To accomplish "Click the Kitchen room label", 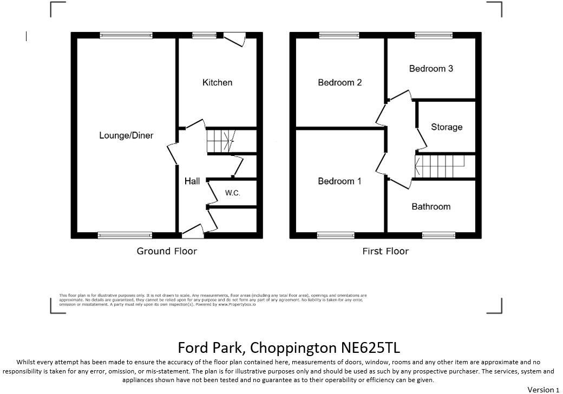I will pos(217,82).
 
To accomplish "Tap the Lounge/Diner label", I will pos(126,135).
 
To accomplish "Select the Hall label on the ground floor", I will pos(192,181).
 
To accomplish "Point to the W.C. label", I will pos(232,193).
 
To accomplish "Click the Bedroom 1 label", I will pos(339,181).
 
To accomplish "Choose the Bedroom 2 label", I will pos(339,82).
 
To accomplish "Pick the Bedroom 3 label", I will pos(431,69).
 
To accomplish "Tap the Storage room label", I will pos(447,127).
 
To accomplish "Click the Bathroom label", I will pos(431,207).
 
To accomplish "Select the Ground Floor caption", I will pos(167,251).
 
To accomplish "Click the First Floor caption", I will pos(385,251).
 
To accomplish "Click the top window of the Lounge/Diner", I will pos(126,36).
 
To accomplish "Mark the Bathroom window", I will pos(439,235).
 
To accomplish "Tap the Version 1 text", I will pos(543,390).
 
